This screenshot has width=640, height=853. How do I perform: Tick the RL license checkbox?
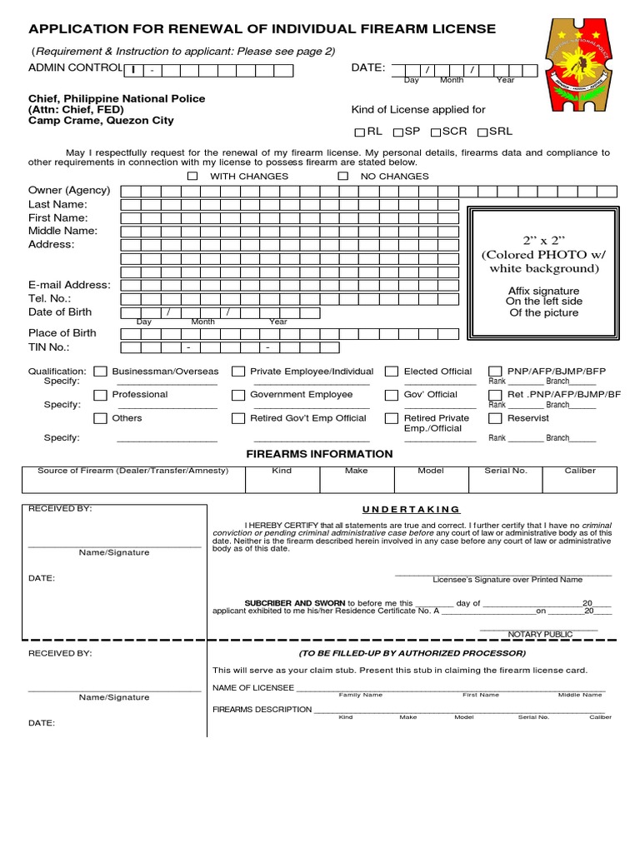pos(360,132)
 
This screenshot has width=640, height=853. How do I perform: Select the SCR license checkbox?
pos(435,132)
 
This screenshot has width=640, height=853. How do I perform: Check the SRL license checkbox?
pos(482,132)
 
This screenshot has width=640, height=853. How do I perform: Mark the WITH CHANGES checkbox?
pos(192,177)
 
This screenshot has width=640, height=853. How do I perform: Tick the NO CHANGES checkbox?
pos(342,177)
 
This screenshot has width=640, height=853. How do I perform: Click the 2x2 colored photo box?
pos(543,273)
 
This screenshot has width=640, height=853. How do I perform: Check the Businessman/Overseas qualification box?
pos(101,372)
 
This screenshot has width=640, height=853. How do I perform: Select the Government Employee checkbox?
pos(238,395)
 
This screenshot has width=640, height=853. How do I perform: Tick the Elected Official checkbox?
pos(392,372)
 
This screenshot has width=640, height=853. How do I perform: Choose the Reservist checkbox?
pos(495,418)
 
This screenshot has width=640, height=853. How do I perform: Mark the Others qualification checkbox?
pos(101,418)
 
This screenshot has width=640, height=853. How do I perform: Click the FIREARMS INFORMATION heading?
pos(319,454)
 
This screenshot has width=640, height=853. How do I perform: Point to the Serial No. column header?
pos(506,471)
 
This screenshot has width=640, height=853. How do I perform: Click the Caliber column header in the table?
pos(580,471)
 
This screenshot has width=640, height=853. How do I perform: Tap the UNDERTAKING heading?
pos(410,509)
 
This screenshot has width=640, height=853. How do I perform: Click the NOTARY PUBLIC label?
pos(540,634)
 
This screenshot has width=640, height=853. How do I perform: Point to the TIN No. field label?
pos(49,347)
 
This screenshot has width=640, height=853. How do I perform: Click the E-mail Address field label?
pos(69,285)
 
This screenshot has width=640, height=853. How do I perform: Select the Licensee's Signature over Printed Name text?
pos(507,579)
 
